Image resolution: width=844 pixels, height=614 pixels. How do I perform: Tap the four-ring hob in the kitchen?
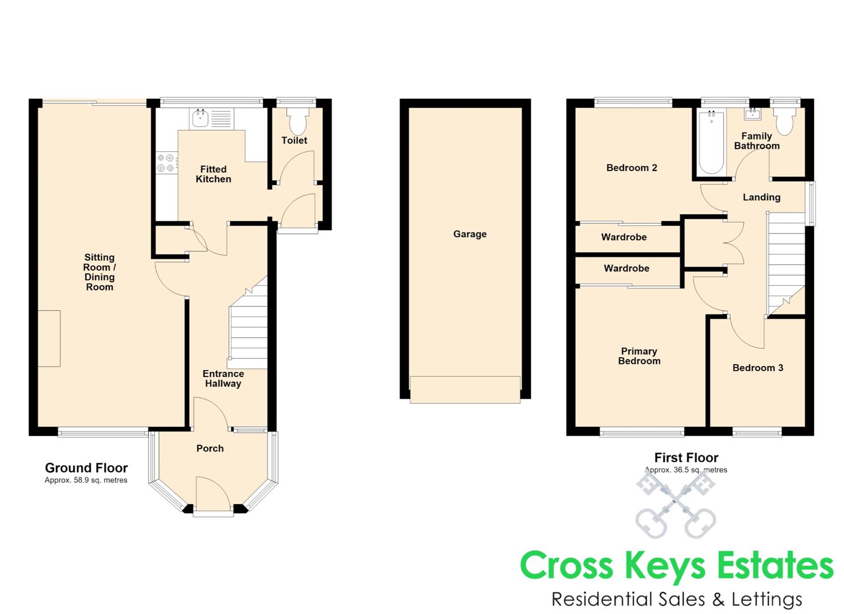tap(166, 163)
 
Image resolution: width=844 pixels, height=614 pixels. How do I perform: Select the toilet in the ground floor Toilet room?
tap(298, 121)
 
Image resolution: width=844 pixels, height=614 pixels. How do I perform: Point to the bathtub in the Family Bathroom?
tap(711, 142)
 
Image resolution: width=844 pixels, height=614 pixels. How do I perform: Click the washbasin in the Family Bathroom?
tap(752, 114)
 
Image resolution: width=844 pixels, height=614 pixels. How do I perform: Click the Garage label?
tap(470, 234)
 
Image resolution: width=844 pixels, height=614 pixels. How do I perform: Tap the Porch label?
tap(210, 448)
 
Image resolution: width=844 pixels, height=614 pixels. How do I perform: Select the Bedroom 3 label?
tap(758, 367)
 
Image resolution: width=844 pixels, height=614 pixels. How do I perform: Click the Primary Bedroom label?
tap(639, 356)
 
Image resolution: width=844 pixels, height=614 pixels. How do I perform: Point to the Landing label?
tap(762, 197)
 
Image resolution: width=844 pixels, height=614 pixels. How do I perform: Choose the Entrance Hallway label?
tap(223, 379)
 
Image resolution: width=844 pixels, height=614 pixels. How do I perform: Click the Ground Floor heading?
tap(86, 468)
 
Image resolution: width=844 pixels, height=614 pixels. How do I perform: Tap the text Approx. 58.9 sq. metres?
tap(86, 480)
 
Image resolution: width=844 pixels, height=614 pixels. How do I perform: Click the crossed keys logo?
tap(675, 504)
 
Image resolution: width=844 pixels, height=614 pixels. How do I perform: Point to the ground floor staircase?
tap(248, 322)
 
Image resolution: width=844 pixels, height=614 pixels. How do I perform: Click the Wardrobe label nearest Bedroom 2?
tap(624, 237)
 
